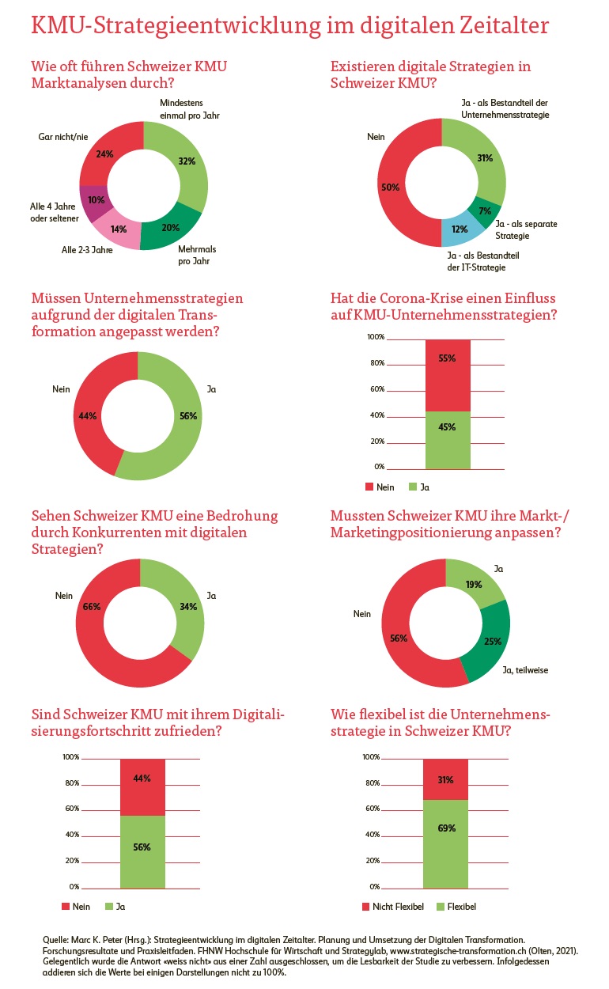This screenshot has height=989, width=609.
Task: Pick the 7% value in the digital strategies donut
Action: point(485,210)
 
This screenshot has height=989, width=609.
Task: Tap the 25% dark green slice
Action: point(491,641)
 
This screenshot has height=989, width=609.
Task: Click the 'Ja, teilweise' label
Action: point(525,670)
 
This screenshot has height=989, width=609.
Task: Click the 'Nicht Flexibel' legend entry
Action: point(393,906)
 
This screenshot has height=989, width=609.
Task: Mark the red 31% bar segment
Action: point(446,779)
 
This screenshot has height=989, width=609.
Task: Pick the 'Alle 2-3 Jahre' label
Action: point(87,250)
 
